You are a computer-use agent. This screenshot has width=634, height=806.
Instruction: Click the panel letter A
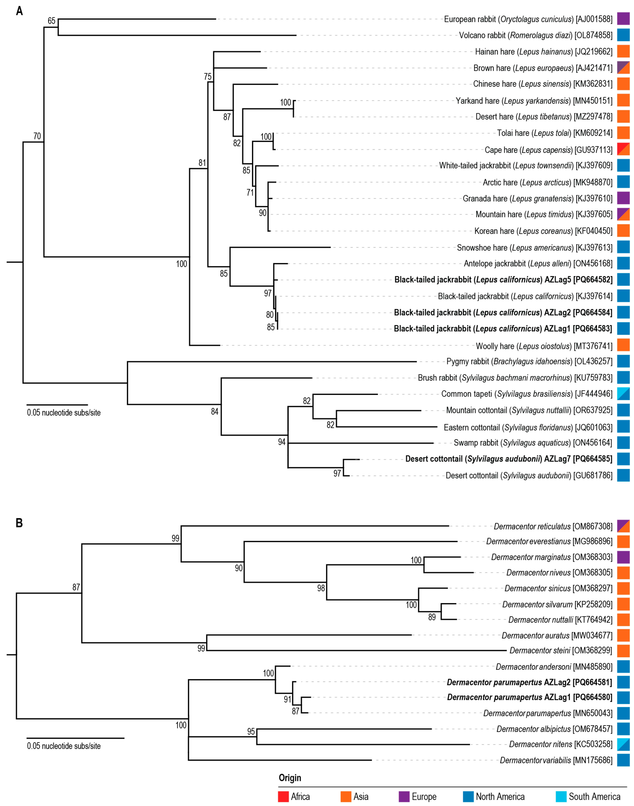click(x=19, y=11)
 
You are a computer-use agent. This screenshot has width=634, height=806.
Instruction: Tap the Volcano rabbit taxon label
click(x=535, y=35)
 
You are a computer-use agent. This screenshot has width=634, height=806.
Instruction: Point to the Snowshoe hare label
click(x=535, y=247)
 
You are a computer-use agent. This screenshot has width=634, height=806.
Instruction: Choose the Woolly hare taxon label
click(x=544, y=346)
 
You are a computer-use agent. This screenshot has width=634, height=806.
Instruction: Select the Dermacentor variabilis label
click(x=556, y=760)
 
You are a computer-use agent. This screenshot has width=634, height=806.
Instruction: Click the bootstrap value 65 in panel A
click(x=52, y=21)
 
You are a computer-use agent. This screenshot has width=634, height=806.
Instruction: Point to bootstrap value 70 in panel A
click(x=37, y=136)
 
